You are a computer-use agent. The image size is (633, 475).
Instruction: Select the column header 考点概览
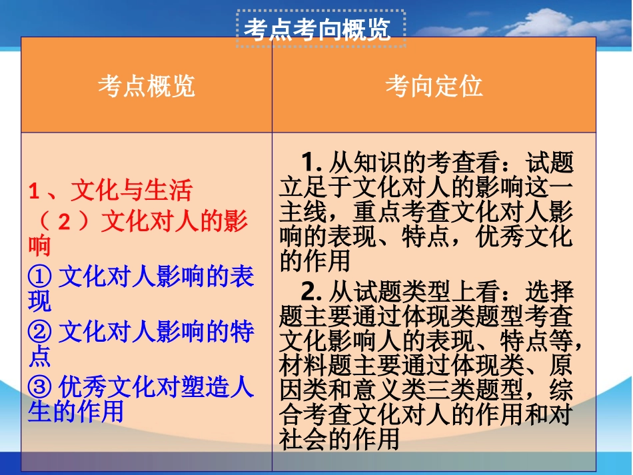point(147,87)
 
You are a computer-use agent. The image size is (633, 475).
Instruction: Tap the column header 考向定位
point(434,87)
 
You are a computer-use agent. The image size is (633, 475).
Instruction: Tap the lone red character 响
point(39,247)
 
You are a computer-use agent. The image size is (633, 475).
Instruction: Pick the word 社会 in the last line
point(303,439)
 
